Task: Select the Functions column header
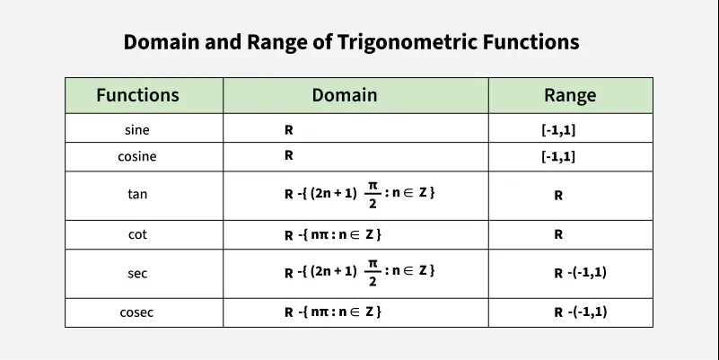point(137,95)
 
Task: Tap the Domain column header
point(345,95)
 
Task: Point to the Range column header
point(570,95)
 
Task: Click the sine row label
point(137,130)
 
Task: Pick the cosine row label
point(137,156)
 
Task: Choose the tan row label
point(137,194)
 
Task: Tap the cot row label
point(137,234)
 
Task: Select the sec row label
point(137,273)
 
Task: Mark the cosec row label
point(136,312)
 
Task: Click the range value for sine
point(558,130)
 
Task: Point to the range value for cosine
point(558,156)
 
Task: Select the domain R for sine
point(288,130)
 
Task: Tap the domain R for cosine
point(288,155)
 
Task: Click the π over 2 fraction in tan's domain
point(373,194)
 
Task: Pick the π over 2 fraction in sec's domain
point(373,272)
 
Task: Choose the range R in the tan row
point(558,196)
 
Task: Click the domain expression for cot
point(333,234)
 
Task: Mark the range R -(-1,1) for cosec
point(580,312)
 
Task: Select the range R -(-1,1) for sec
point(580,273)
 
